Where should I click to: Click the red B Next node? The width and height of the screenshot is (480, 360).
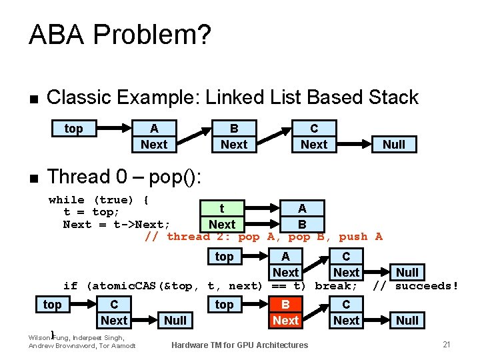(x=285, y=313)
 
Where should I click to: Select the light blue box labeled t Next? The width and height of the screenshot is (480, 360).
(x=221, y=217)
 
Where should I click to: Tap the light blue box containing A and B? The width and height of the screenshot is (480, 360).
(x=301, y=217)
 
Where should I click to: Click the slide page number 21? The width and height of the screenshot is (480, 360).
(x=447, y=344)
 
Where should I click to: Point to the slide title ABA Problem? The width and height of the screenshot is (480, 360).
(x=120, y=35)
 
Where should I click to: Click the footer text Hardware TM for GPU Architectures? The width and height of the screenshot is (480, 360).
(x=239, y=345)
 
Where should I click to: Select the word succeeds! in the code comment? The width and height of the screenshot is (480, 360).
(x=427, y=286)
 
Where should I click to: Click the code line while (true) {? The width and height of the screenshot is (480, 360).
(x=99, y=200)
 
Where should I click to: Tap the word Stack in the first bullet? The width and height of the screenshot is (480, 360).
(x=393, y=97)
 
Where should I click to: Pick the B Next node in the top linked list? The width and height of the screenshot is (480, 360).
(x=234, y=137)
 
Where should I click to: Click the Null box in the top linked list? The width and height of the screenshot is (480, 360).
(x=393, y=144)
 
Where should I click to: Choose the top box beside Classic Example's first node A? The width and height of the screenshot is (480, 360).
(x=73, y=129)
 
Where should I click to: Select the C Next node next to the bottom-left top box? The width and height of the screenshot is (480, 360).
(x=114, y=313)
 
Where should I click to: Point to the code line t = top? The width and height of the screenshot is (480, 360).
(x=91, y=212)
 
